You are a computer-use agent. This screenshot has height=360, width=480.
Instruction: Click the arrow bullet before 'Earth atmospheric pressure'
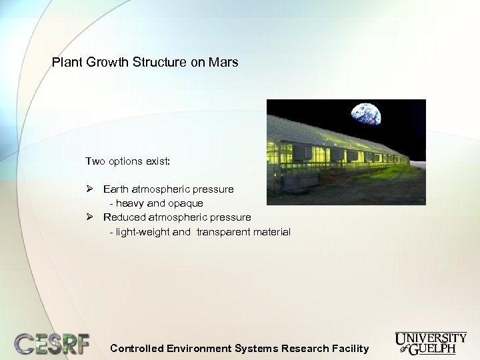[x=90, y=189]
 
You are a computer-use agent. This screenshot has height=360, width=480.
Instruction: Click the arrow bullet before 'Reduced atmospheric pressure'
[x=90, y=217]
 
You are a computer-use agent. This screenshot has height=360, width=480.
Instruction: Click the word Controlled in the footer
[x=137, y=348]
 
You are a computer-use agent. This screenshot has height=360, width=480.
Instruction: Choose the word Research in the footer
[x=304, y=348]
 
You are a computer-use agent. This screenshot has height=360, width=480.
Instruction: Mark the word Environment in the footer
[x=199, y=348]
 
